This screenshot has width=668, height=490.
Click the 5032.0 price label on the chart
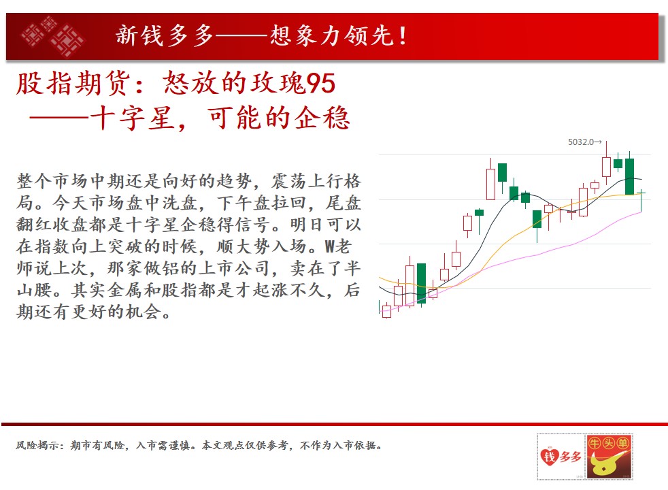(x=581, y=142)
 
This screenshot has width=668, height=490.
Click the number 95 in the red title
(x=321, y=83)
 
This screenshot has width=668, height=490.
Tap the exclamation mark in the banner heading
(x=403, y=36)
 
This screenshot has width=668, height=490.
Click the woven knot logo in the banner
(x=52, y=36)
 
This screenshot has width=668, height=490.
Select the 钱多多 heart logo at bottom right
(x=561, y=457)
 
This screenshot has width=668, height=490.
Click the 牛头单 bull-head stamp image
(x=609, y=457)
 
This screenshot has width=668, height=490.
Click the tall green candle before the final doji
(x=629, y=176)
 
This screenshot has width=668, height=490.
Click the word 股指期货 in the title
(x=73, y=83)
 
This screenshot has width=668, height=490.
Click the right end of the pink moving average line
(x=641, y=212)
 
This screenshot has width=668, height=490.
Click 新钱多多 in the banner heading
(x=165, y=35)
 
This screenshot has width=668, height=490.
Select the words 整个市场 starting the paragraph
(x=53, y=181)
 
